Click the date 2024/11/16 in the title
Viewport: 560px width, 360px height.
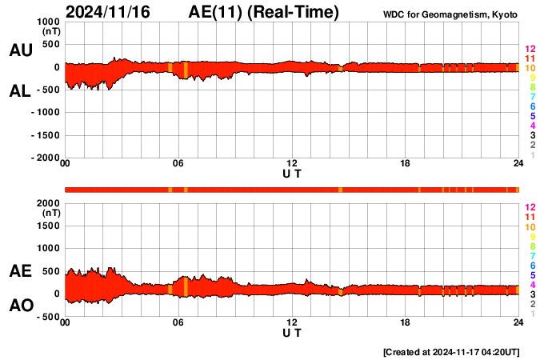pyautogui.click(x=107, y=12)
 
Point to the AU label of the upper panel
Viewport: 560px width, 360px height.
pyautogui.click(x=20, y=50)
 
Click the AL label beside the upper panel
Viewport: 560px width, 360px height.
pyautogui.click(x=20, y=91)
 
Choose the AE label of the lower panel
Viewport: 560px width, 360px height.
pyautogui.click(x=20, y=271)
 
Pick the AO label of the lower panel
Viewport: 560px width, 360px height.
pyautogui.click(x=20, y=306)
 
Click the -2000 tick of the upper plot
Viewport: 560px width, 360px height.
pyautogui.click(x=45, y=158)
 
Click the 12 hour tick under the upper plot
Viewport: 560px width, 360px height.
pyautogui.click(x=292, y=164)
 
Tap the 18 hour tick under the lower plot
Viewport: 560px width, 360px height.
pyautogui.click(x=406, y=322)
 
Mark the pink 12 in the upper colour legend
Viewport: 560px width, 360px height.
pyautogui.click(x=529, y=50)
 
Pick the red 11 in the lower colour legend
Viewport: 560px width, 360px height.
pyautogui.click(x=529, y=217)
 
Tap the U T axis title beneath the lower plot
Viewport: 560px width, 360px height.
pyautogui.click(x=292, y=332)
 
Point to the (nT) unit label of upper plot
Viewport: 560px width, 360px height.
pyautogui.click(x=50, y=31)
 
